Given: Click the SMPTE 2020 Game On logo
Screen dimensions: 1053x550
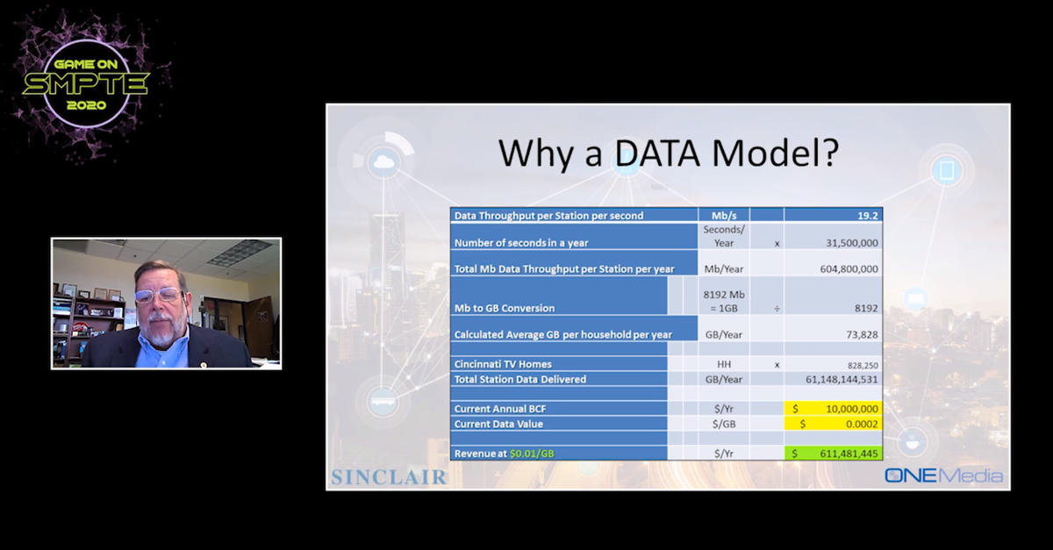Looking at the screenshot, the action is [x=86, y=84].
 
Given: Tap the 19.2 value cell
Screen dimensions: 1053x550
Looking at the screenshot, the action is [x=833, y=215].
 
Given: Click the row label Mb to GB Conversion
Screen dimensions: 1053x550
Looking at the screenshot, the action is [x=505, y=309].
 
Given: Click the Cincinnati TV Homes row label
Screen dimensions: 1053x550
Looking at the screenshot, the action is [x=503, y=364].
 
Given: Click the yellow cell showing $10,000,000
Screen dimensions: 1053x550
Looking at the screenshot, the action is [x=833, y=409].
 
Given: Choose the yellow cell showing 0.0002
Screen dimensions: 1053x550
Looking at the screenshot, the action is [x=833, y=424].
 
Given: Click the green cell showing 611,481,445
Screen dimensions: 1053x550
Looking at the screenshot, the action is [x=833, y=454].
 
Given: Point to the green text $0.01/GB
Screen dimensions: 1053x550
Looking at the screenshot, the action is [x=532, y=454].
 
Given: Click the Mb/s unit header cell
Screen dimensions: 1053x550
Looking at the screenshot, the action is [x=724, y=215].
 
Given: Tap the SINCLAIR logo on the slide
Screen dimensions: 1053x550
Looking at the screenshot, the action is [x=389, y=477].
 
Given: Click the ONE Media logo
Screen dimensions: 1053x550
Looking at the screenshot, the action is [x=943, y=475].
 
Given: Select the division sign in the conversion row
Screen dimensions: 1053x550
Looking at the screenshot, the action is [x=777, y=309].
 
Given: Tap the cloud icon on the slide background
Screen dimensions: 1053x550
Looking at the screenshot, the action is [x=384, y=162].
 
